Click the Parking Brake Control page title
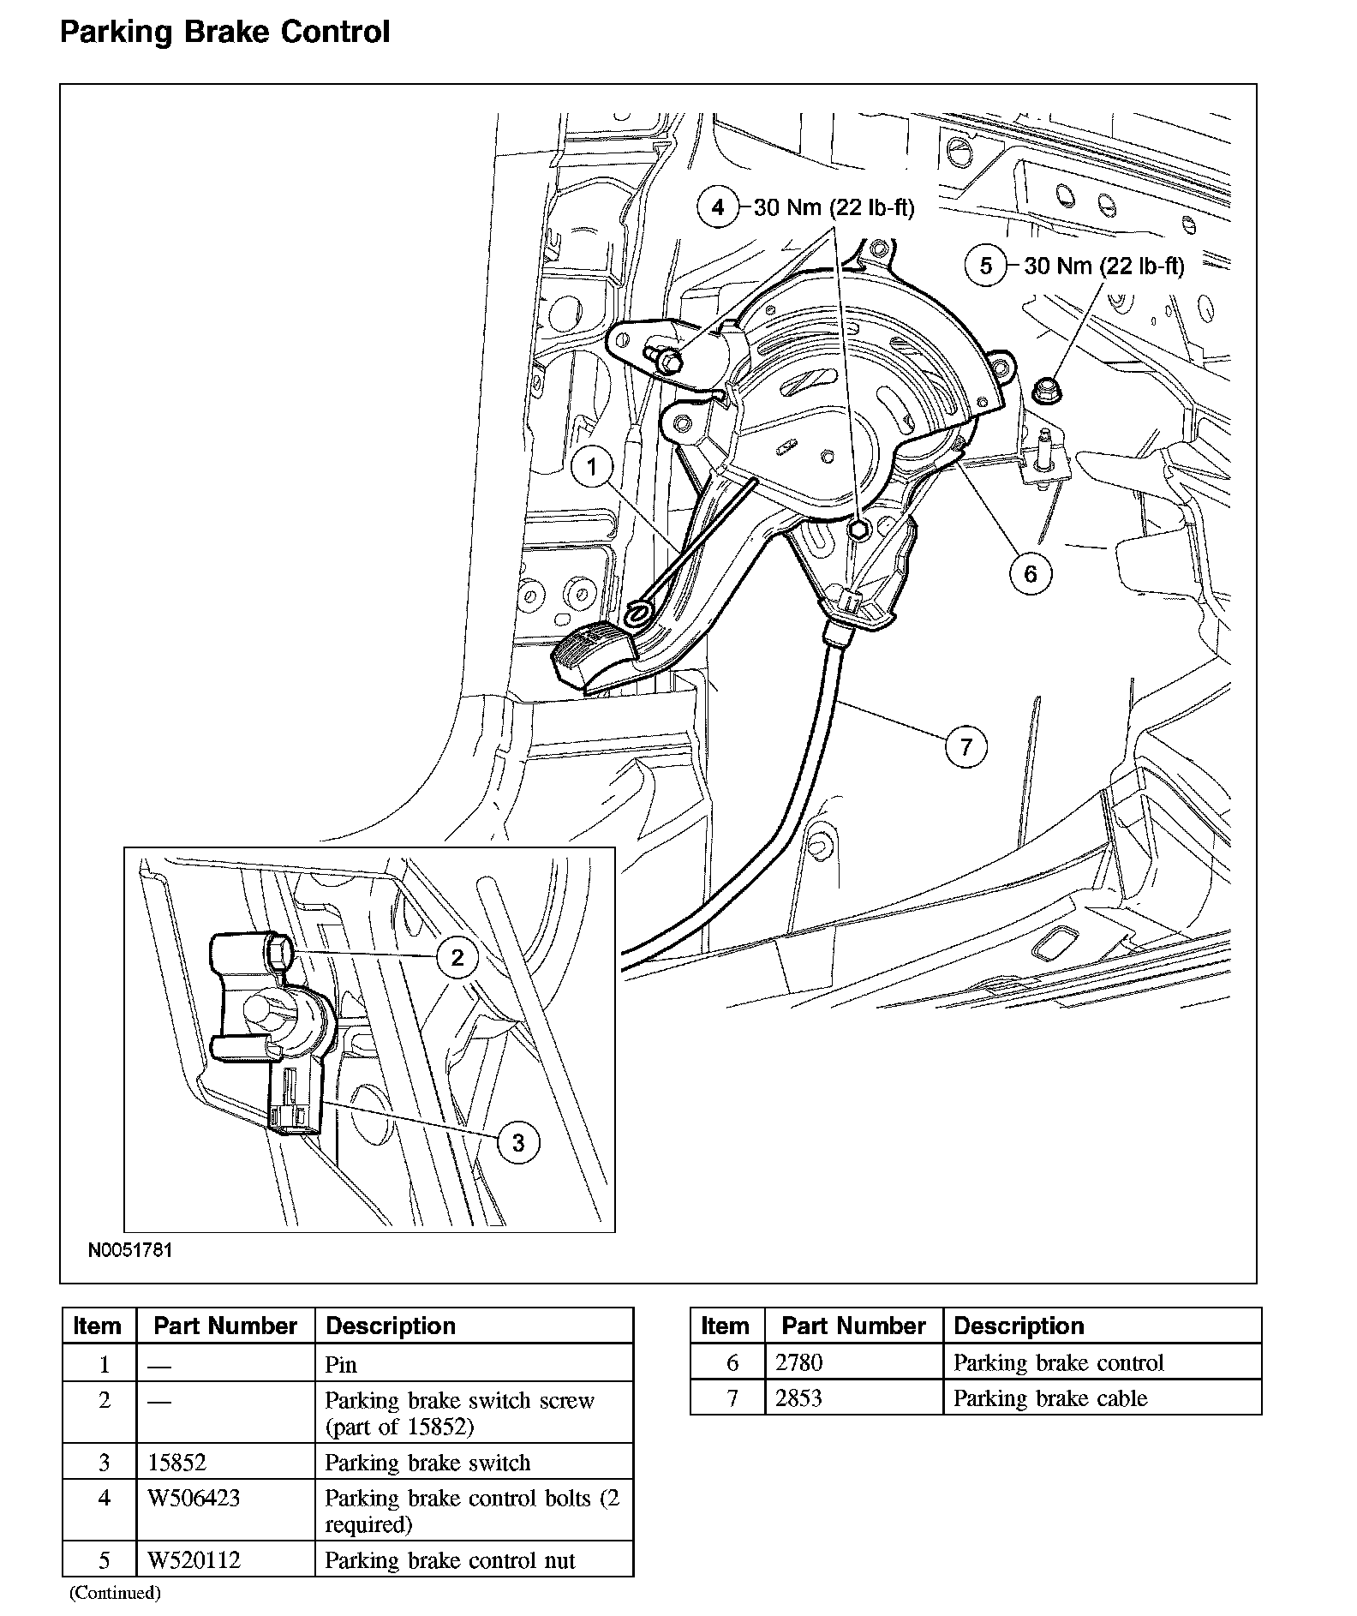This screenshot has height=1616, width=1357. point(224,33)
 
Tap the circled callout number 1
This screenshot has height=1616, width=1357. point(591,467)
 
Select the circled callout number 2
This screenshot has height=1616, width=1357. point(457,957)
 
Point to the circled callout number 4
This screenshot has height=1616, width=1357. point(718,206)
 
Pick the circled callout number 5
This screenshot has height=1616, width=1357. point(986,266)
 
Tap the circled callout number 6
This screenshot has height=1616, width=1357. point(1030,573)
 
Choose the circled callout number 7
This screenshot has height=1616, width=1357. point(966,746)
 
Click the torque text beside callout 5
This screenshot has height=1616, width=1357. point(1104,266)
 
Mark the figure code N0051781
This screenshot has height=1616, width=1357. point(130,1249)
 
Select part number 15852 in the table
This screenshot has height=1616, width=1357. point(177,1462)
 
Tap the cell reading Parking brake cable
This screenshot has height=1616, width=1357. point(1049,1398)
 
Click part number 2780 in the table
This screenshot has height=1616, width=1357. point(798,1362)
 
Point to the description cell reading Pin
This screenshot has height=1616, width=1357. point(341,1364)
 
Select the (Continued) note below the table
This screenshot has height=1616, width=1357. point(114,1592)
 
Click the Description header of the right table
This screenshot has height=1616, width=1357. point(1019,1326)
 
